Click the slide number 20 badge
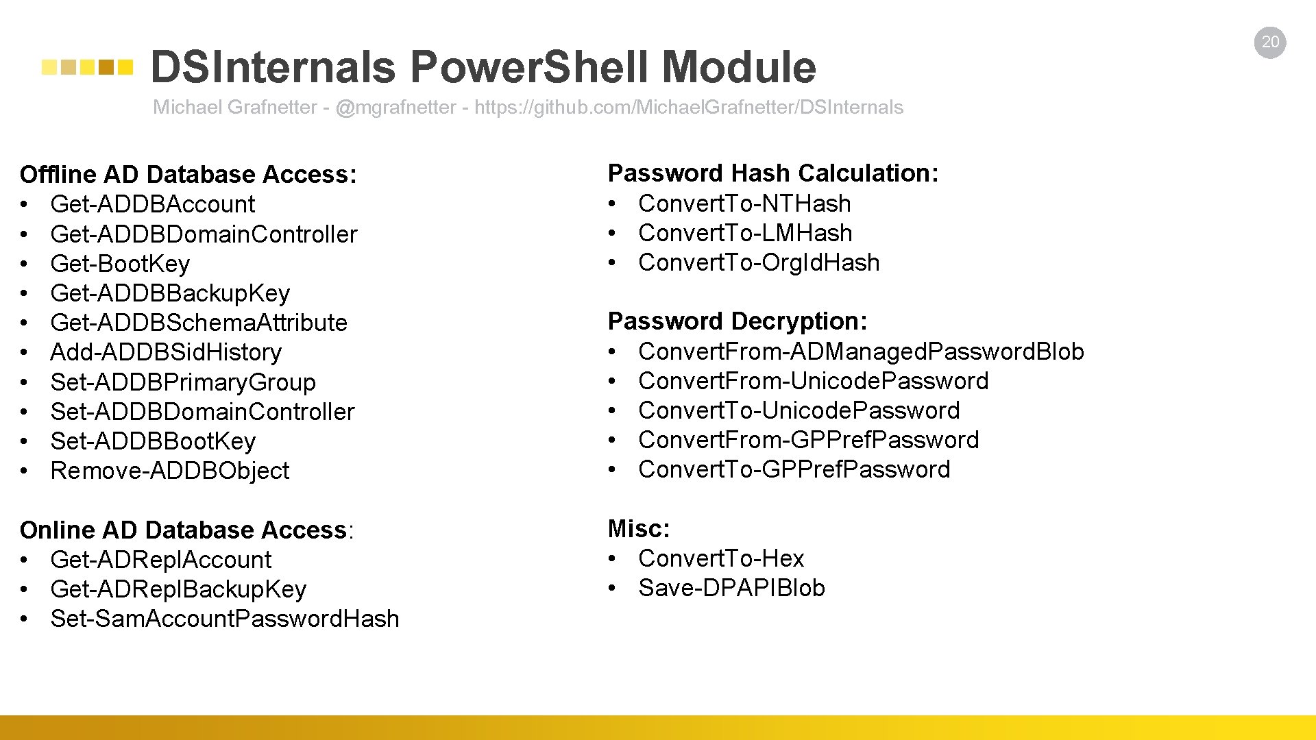tap(1270, 42)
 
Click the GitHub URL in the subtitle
tap(688, 108)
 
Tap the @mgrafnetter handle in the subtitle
tap(395, 108)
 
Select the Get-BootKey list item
tap(120, 264)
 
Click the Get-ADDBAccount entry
tap(152, 204)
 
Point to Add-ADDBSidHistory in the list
tap(166, 352)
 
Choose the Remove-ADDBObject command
tap(170, 471)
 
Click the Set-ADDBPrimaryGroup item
tap(183, 382)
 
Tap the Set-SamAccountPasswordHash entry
tap(225, 619)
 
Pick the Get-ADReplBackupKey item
tap(178, 589)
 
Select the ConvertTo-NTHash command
tap(744, 203)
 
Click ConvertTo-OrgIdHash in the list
tap(759, 262)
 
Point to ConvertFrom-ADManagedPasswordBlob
tap(861, 351)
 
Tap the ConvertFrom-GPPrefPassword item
tap(809, 440)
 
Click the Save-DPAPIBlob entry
tap(731, 588)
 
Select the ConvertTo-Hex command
tap(721, 558)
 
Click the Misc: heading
tap(639, 529)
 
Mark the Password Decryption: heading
tap(738, 321)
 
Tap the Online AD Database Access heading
tap(184, 530)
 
